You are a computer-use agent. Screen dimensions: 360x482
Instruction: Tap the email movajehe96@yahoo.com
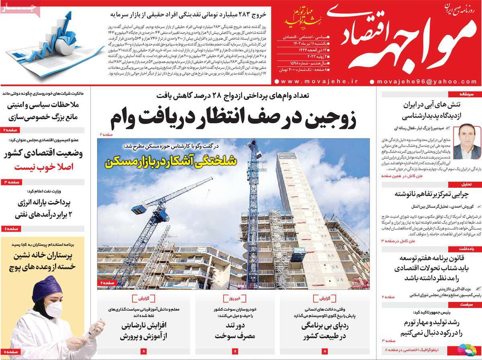pyautogui.click(x=427, y=81)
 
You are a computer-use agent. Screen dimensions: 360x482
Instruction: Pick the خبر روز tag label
pyautogui.click(x=235, y=299)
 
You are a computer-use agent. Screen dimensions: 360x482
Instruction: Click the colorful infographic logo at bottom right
pyautogui.click(x=467, y=350)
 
